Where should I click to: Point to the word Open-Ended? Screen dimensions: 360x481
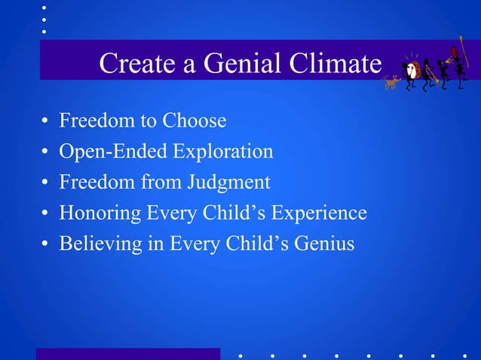tap(113, 151)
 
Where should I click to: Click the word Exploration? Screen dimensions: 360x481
tap(223, 151)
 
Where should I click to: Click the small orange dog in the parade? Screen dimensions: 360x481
tap(391, 82)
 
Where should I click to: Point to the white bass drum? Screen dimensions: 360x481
tap(412, 72)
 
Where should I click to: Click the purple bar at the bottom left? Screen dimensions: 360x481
tap(128, 354)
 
